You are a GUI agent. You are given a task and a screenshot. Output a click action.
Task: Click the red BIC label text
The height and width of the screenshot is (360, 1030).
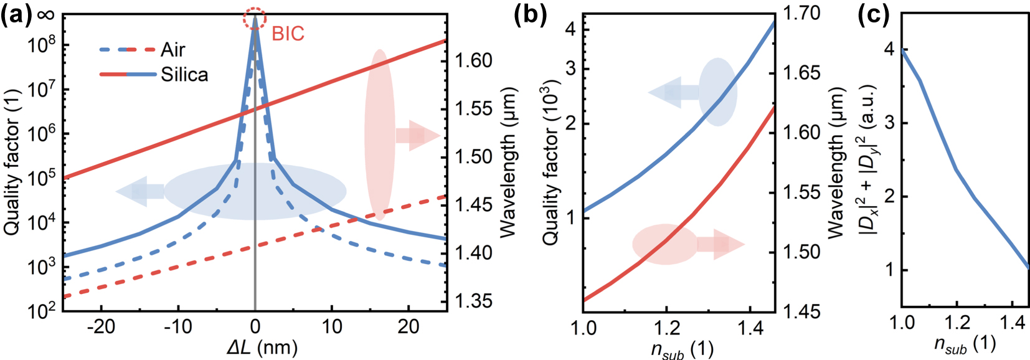click(288, 34)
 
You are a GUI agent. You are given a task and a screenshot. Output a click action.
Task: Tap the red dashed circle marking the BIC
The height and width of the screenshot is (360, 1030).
click(255, 19)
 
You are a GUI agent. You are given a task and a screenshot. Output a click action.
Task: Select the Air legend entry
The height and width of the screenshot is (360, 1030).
click(172, 50)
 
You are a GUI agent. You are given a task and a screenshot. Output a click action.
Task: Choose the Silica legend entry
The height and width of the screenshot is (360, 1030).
click(184, 75)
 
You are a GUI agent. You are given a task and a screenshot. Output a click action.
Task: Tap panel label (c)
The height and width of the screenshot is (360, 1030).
click(872, 14)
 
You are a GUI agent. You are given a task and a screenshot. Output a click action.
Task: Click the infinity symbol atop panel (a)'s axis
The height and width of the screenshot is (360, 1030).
click(45, 14)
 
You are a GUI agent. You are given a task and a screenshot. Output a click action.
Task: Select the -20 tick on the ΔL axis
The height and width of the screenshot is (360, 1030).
click(101, 326)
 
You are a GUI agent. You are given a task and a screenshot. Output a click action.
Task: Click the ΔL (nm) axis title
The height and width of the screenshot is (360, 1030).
click(262, 346)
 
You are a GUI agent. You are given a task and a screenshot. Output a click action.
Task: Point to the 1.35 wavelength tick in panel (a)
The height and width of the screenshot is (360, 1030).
click(473, 301)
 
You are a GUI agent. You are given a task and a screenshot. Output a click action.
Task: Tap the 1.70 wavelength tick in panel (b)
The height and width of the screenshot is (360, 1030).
click(801, 12)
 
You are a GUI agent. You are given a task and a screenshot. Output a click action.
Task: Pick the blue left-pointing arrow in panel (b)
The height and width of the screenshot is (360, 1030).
click(673, 93)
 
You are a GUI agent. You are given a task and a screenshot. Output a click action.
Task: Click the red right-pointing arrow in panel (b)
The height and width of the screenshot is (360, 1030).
click(721, 244)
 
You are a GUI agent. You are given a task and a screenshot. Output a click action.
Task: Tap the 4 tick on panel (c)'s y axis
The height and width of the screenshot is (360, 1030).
click(889, 49)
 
